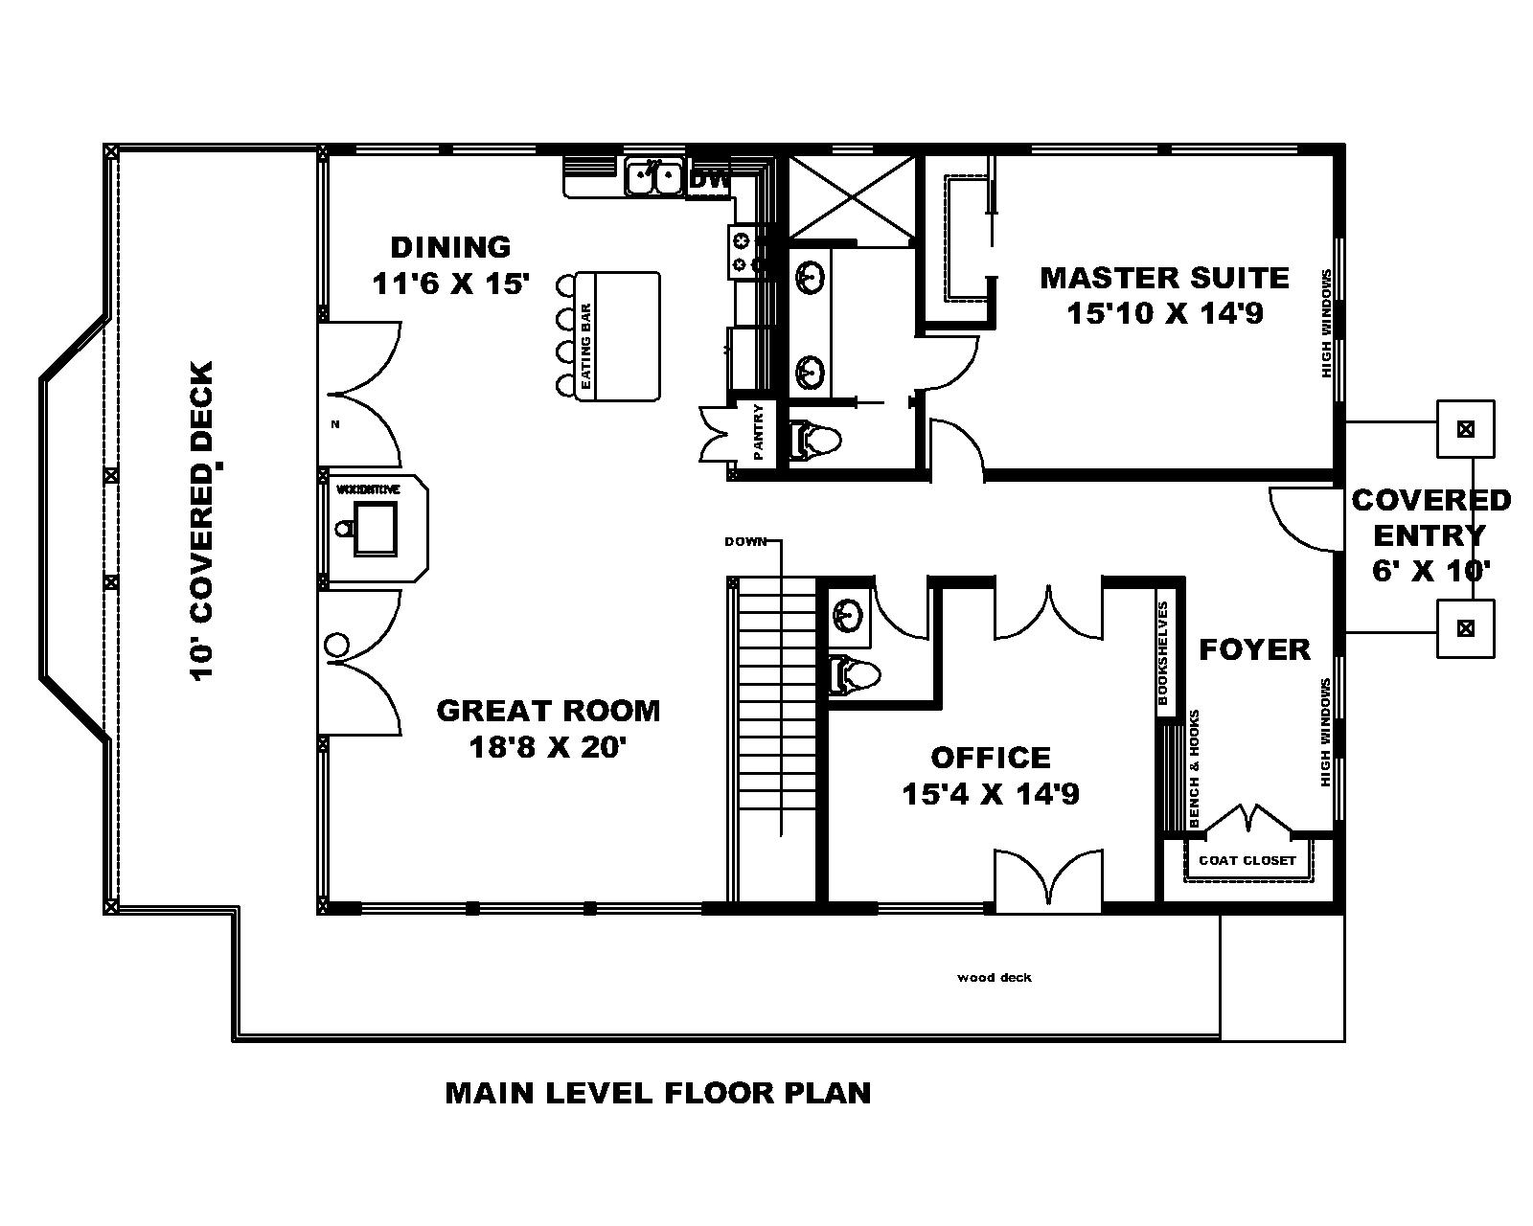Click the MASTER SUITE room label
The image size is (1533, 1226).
(1164, 278)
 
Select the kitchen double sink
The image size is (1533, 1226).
(653, 178)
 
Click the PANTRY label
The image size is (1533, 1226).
(759, 433)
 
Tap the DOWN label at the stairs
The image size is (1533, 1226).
(745, 542)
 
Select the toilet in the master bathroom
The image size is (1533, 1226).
(814, 441)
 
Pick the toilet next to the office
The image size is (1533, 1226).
(855, 674)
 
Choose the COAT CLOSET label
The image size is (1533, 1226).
(1247, 860)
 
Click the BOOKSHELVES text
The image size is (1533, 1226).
(1163, 653)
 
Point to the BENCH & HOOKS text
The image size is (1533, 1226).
(1194, 769)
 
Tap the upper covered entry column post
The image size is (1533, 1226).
(1464, 428)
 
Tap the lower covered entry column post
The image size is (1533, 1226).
(1464, 628)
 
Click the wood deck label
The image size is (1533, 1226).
(995, 978)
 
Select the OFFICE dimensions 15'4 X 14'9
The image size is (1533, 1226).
(991, 794)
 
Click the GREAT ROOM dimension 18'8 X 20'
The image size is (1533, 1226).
(547, 746)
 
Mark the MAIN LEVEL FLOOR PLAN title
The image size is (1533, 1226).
(658, 1093)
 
